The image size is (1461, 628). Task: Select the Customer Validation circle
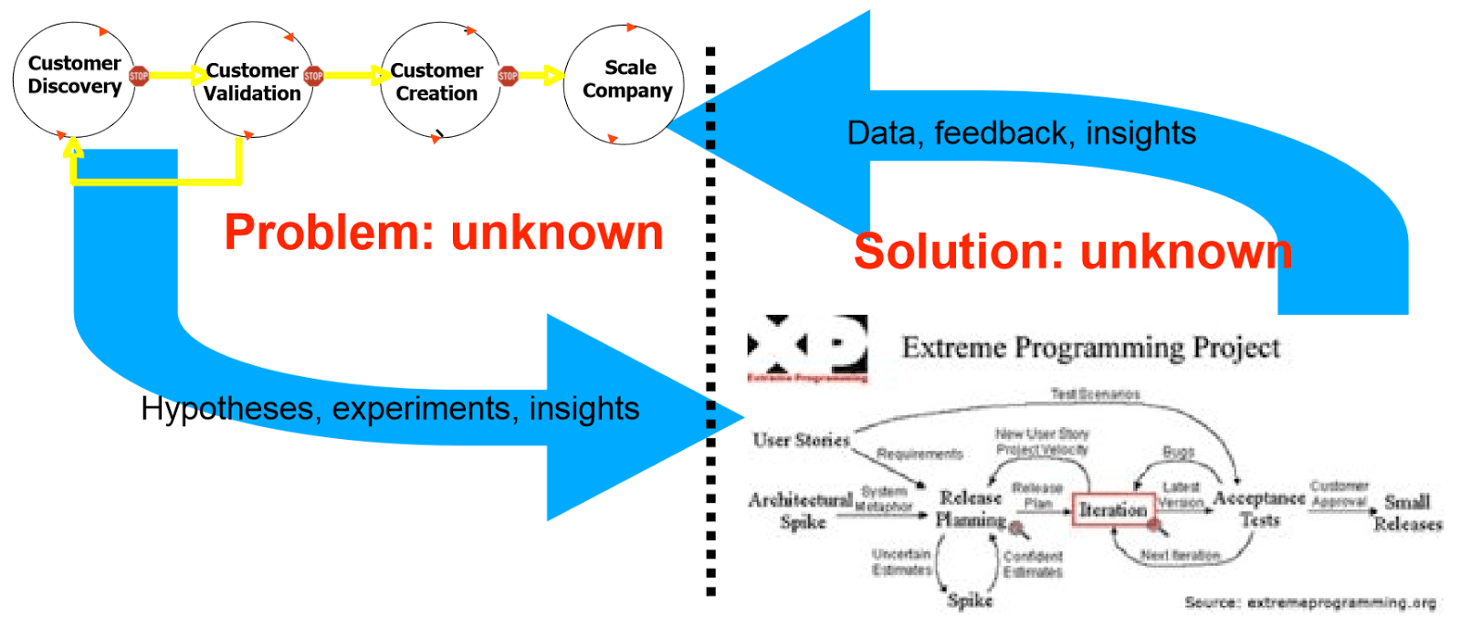(x=253, y=80)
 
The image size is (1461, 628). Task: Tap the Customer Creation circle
(x=439, y=80)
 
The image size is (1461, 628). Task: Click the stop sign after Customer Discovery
(x=139, y=76)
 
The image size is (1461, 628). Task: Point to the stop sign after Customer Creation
(x=508, y=76)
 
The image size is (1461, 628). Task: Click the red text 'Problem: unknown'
(x=444, y=232)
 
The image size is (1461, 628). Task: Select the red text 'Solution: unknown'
(x=1073, y=251)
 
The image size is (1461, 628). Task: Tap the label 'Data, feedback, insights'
(x=1021, y=133)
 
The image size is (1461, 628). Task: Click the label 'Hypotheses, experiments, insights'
(x=390, y=408)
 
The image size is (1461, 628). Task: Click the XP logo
(x=807, y=348)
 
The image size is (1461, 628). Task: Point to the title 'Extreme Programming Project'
(x=1090, y=348)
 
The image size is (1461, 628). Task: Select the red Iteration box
(x=1112, y=509)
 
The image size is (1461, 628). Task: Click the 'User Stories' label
(x=801, y=440)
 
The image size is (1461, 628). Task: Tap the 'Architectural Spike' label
(x=801, y=510)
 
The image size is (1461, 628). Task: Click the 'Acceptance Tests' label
(x=1258, y=508)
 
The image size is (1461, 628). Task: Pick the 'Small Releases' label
(x=1407, y=512)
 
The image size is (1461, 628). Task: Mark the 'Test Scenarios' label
(x=1095, y=394)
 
